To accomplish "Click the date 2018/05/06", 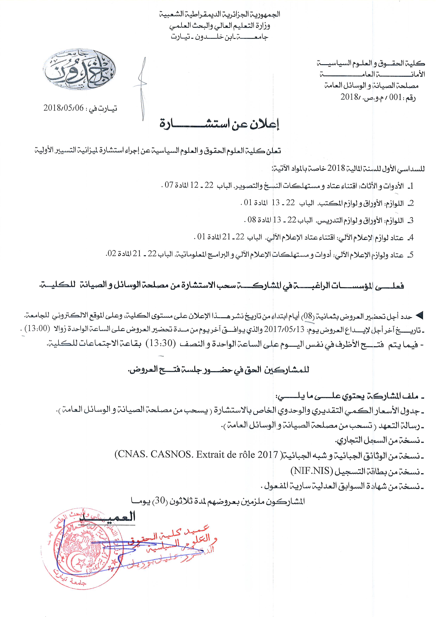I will click(64, 108).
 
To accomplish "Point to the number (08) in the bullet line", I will click(308, 316).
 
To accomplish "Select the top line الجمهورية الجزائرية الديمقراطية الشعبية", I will click(219, 14).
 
